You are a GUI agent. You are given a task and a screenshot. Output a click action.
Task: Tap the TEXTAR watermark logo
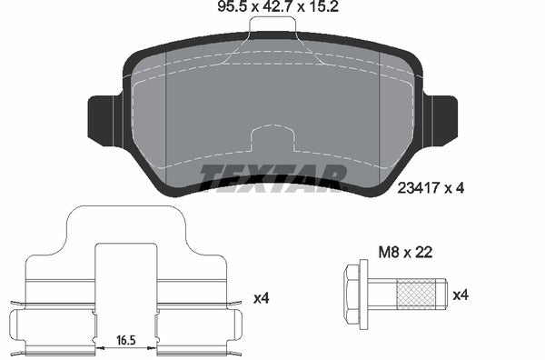coord(272,177)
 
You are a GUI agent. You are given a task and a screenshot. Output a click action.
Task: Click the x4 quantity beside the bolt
coord(461,294)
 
